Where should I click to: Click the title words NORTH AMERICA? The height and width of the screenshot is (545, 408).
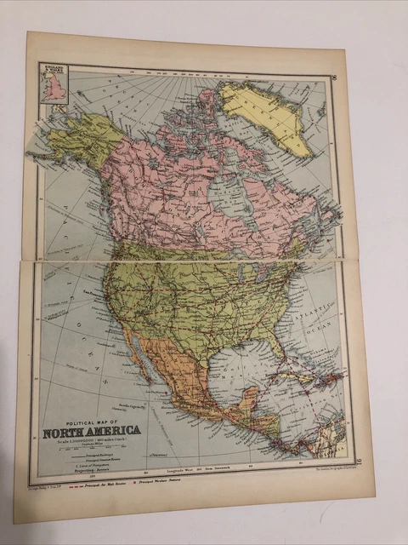coord(91,430)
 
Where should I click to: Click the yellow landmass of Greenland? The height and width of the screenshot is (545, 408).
coord(267,112)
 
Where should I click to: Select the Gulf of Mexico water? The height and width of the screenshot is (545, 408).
coord(237,365)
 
